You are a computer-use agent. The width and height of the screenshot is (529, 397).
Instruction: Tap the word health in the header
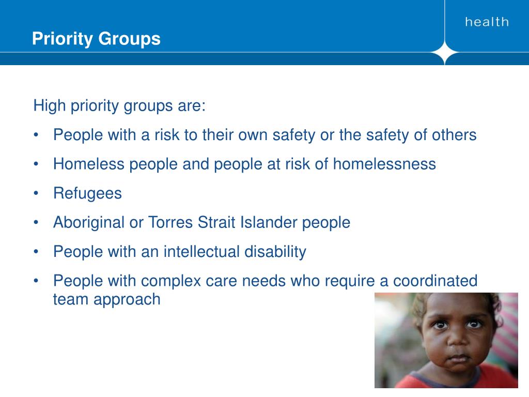click(x=487, y=22)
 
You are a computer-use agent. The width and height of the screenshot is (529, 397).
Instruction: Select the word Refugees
click(x=87, y=193)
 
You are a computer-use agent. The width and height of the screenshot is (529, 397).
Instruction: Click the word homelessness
click(x=384, y=164)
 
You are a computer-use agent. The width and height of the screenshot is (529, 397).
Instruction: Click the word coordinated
click(x=435, y=281)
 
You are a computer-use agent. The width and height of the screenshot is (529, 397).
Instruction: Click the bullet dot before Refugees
click(x=36, y=194)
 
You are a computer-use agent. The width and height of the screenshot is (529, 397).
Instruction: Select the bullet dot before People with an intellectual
click(x=36, y=252)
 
